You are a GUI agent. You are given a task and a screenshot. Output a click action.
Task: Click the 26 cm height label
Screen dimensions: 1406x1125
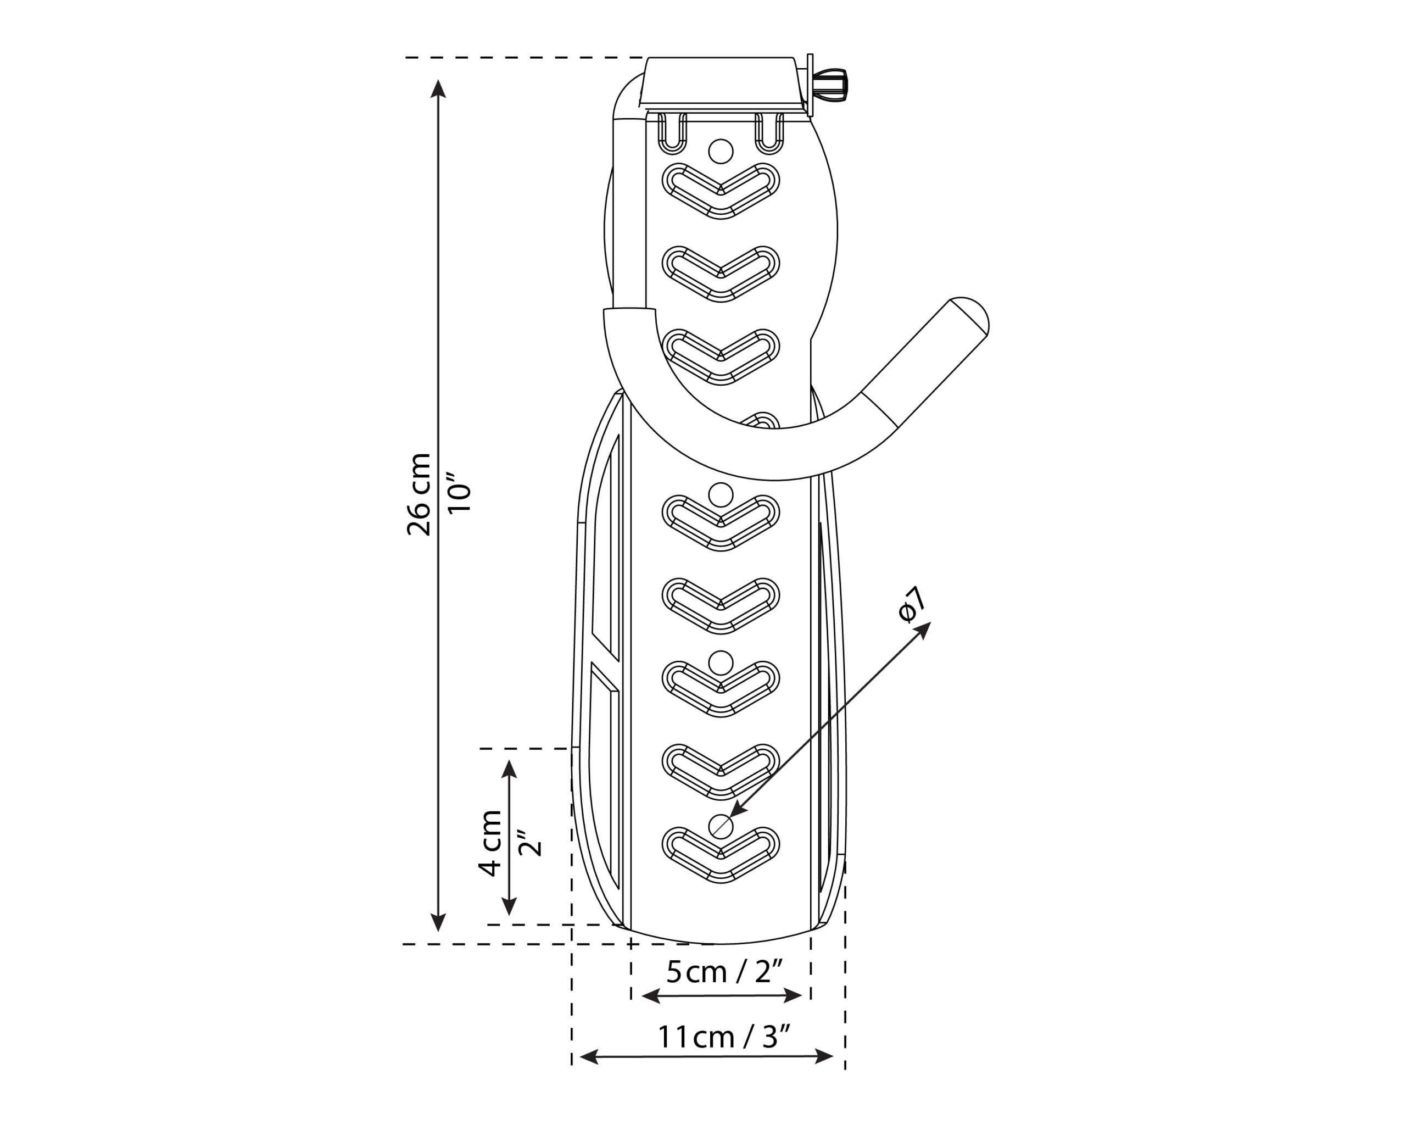pos(419,494)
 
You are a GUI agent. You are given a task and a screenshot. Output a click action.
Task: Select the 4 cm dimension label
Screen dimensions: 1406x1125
pos(490,843)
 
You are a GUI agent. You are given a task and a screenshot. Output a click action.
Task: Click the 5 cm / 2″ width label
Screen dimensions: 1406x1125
pos(724,972)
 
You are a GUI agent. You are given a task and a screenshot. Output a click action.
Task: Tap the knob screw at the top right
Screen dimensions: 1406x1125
pos(829,85)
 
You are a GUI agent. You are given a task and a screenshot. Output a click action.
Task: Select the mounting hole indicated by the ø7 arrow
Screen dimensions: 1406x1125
pos(721,827)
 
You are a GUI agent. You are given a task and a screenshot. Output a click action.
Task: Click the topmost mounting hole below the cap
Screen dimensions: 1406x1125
pos(721,151)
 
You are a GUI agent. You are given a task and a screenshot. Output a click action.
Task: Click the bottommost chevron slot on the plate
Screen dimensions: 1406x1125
pos(721,855)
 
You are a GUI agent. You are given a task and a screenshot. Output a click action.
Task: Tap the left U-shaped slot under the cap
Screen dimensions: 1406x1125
pos(672,133)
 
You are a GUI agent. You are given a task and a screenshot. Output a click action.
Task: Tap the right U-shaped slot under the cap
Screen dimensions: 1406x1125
pos(769,133)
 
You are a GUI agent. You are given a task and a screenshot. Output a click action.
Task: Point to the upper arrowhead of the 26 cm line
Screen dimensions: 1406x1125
pos(438,88)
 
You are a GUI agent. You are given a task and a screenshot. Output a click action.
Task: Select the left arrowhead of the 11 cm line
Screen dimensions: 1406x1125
pos(589,1056)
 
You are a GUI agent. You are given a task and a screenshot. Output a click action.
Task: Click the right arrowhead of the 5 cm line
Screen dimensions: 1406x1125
pos(793,995)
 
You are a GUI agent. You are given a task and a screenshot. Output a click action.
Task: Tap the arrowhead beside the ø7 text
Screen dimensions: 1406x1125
pos(923,631)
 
